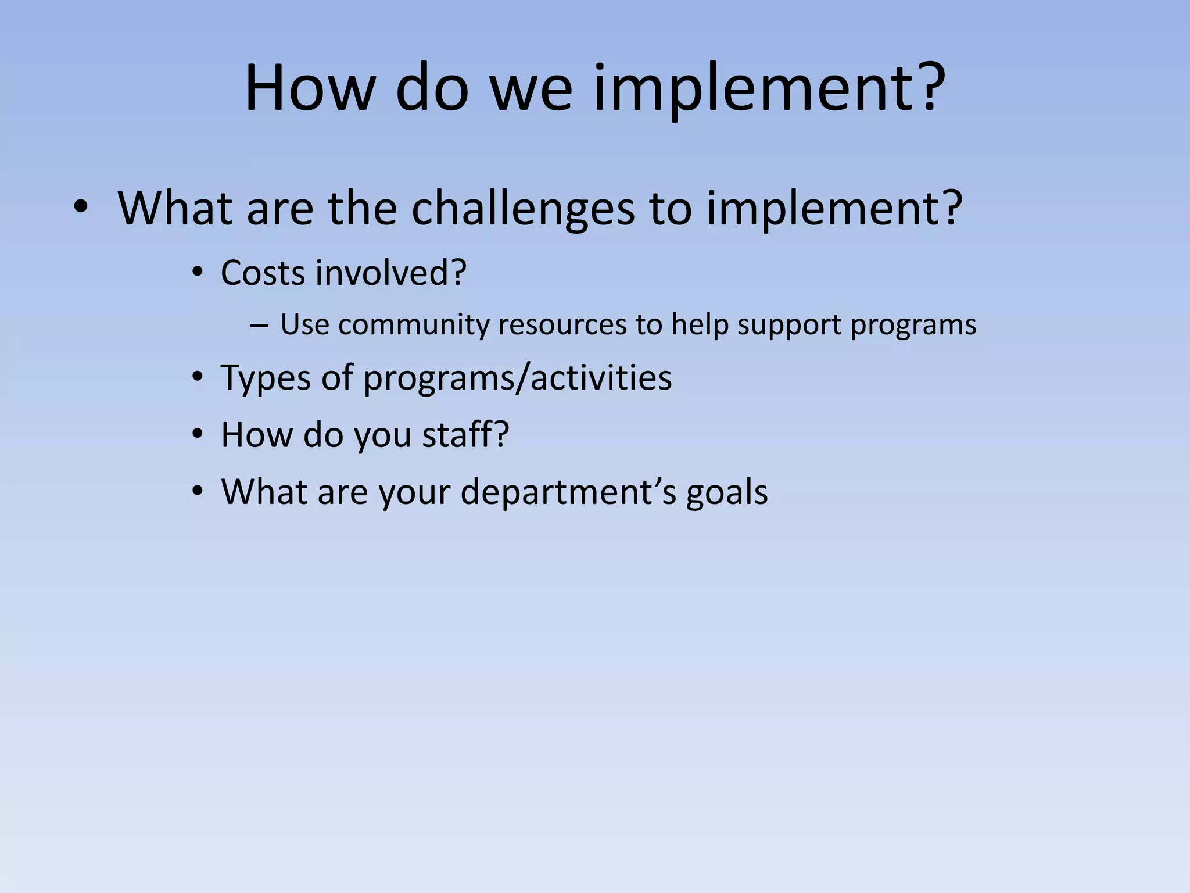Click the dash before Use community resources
258,326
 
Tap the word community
414,324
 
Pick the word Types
266,378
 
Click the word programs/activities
517,378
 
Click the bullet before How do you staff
198,434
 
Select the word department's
568,492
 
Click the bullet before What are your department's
198,491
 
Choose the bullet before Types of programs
198,377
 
